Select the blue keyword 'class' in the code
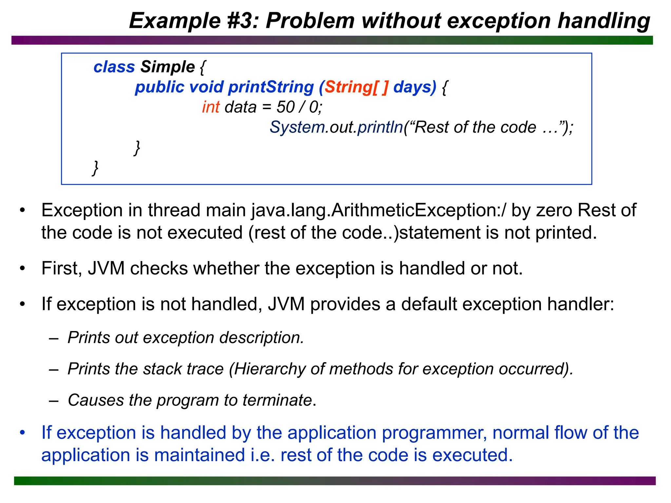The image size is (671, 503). [x=114, y=67]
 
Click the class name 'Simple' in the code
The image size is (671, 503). [x=168, y=67]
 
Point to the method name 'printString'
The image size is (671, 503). [x=271, y=87]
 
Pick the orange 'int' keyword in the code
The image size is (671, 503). [x=211, y=107]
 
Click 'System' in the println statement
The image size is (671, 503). [x=297, y=127]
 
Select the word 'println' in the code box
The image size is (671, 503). [x=380, y=127]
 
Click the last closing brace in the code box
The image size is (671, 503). [x=95, y=168]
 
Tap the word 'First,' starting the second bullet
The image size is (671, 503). [x=62, y=269]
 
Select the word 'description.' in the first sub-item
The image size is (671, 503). [x=262, y=338]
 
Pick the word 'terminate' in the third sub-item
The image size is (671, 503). [x=277, y=400]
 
